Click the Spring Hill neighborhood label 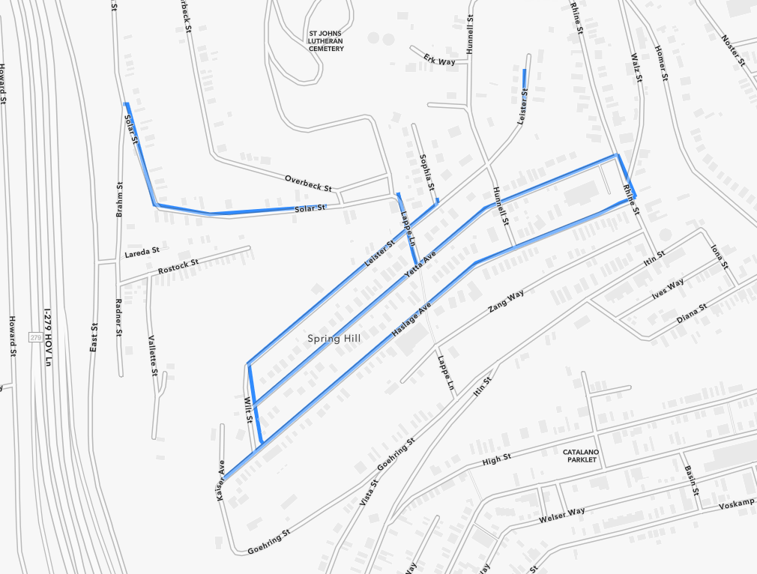coord(334,339)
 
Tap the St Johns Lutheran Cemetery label coord(326,41)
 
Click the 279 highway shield coord(35,338)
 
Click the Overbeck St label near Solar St coord(308,182)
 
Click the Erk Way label coord(439,59)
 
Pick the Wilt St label coord(248,409)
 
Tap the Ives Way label coord(667,288)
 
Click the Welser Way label coord(561,516)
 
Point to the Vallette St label coord(152,355)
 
